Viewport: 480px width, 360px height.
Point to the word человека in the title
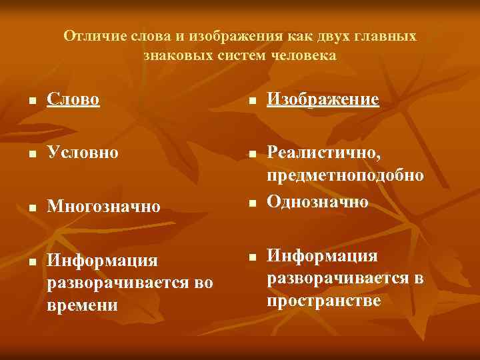click(x=304, y=55)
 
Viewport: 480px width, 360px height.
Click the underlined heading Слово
click(x=73, y=100)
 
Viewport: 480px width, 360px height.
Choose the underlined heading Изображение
click(x=323, y=100)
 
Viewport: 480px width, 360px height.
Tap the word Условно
click(x=83, y=153)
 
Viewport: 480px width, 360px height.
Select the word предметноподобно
click(x=345, y=176)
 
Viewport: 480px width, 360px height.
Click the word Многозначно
click(x=104, y=207)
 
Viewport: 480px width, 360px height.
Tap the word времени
click(x=83, y=305)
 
